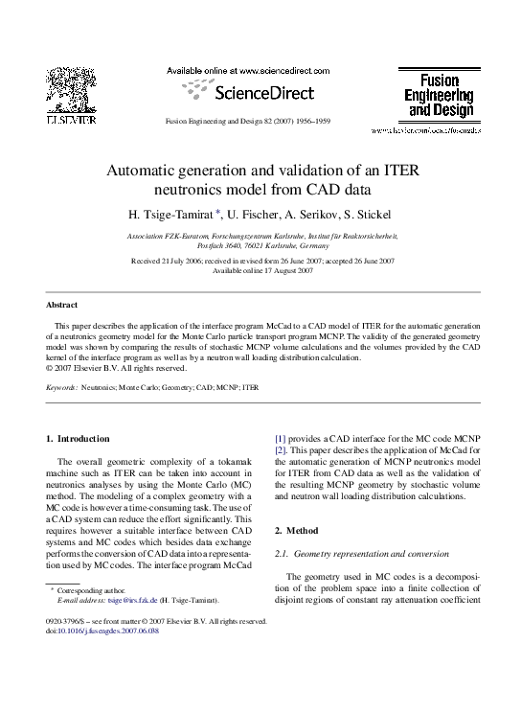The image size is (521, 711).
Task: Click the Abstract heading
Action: (x=62, y=305)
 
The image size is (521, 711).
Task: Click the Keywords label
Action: (x=62, y=388)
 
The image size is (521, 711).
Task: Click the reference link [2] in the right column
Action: (x=281, y=449)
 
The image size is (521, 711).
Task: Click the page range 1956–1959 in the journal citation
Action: (x=311, y=123)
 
